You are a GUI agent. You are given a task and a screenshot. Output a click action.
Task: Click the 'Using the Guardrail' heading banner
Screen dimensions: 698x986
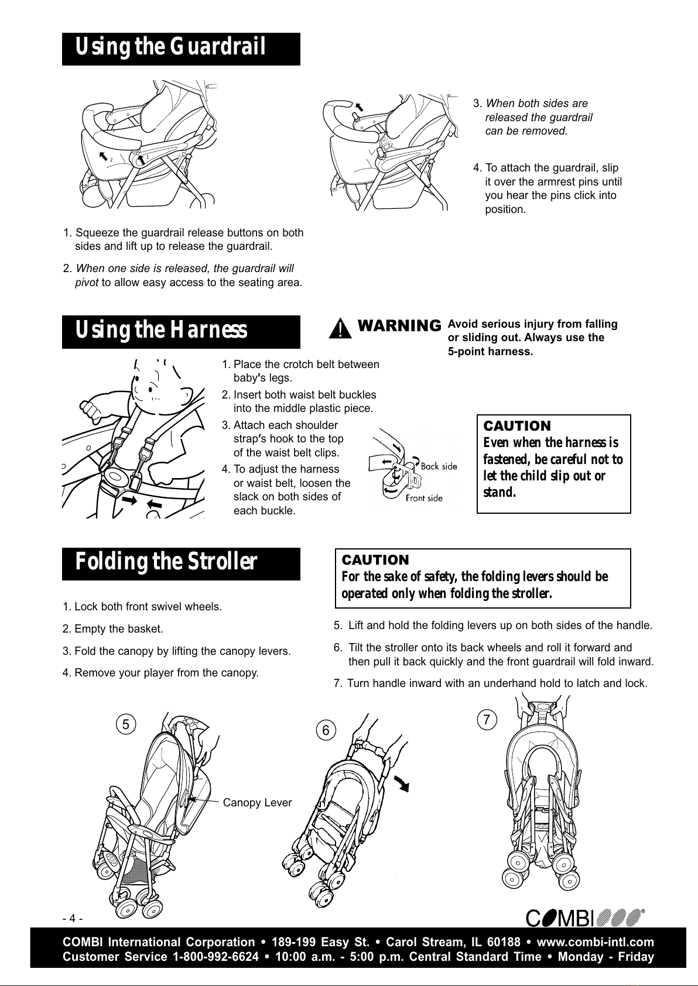coord(181,49)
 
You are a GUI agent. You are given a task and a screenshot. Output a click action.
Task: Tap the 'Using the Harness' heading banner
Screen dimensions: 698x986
coord(181,332)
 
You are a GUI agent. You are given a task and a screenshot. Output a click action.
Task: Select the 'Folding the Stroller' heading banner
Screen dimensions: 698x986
coord(181,564)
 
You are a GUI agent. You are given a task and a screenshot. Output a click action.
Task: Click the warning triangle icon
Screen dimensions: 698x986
coord(340,329)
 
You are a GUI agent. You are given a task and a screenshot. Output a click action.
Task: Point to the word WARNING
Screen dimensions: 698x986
coord(399,326)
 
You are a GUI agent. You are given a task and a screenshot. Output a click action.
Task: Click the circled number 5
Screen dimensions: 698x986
coord(126,724)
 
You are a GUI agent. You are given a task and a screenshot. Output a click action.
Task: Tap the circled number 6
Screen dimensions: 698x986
coord(326,730)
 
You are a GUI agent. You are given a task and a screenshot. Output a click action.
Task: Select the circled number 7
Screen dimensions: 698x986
coord(487,720)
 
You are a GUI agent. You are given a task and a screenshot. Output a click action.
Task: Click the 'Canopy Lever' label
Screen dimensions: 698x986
coord(257,802)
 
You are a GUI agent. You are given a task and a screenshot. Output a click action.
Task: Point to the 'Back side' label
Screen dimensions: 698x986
coord(439,466)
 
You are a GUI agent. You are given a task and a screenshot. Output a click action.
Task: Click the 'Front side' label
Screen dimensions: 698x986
coord(424,498)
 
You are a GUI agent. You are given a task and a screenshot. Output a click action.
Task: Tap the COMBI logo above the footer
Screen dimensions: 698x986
coord(585,918)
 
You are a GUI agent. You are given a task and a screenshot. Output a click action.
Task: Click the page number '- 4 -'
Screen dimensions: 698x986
coord(73,918)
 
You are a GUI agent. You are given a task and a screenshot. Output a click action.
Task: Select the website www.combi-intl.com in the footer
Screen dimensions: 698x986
coord(596,942)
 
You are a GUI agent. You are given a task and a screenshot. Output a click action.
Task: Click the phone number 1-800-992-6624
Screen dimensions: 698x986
coord(216,957)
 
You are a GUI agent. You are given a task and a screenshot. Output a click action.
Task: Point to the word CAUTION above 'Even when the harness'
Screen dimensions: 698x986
coord(517,426)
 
